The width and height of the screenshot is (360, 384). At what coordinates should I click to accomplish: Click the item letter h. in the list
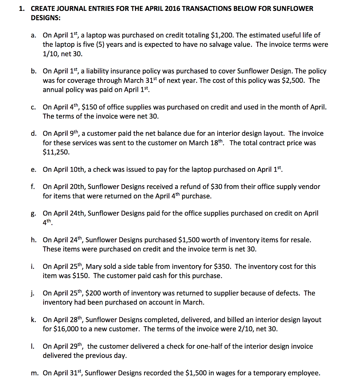click(x=34, y=240)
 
